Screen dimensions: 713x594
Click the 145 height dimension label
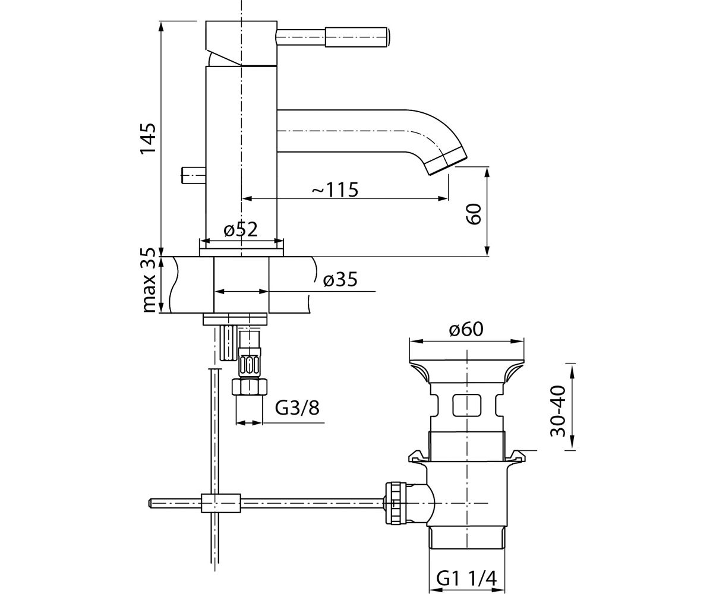pyautogui.click(x=148, y=139)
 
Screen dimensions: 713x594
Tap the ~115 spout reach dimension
pyautogui.click(x=335, y=189)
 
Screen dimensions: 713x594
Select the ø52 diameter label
pyautogui.click(x=241, y=230)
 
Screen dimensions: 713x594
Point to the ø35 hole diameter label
pyautogui.click(x=340, y=280)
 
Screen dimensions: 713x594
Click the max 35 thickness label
pyautogui.click(x=149, y=280)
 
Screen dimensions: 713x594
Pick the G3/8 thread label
pyautogui.click(x=297, y=407)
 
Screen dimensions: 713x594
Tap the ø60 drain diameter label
pyautogui.click(x=466, y=330)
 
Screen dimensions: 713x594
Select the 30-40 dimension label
pyautogui.click(x=558, y=411)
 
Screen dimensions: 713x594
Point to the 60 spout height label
pyautogui.click(x=474, y=214)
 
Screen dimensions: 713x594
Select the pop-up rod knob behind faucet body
pyautogui.click(x=193, y=175)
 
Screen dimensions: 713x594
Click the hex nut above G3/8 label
pyautogui.click(x=250, y=387)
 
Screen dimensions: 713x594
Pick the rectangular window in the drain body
pyautogui.click(x=467, y=406)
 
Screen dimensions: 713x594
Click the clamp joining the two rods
pyautogui.click(x=220, y=503)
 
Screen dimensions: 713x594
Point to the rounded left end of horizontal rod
pyautogui.click(x=150, y=503)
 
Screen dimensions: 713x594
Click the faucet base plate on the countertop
pyautogui.click(x=241, y=252)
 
